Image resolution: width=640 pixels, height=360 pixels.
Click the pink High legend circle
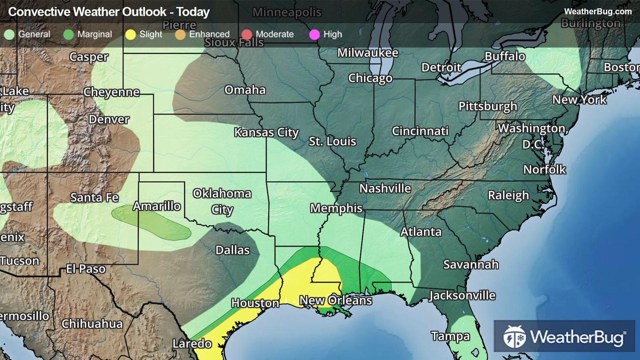click(x=314, y=35)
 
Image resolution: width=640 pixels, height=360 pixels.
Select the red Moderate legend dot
click(x=247, y=35)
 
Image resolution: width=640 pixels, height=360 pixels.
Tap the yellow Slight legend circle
click(x=131, y=35)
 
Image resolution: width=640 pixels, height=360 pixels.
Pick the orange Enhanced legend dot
click(x=180, y=35)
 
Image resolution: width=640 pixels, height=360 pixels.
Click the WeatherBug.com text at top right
click(x=597, y=12)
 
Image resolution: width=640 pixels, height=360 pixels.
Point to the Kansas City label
click(x=266, y=132)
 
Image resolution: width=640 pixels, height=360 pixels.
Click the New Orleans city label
click(x=335, y=300)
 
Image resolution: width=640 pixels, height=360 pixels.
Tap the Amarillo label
click(x=157, y=206)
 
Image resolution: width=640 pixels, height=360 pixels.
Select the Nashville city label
click(x=385, y=188)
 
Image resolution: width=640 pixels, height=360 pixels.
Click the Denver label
click(x=109, y=119)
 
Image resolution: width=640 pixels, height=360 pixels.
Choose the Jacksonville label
click(x=462, y=295)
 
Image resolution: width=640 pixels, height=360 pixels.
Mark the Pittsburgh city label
click(x=488, y=106)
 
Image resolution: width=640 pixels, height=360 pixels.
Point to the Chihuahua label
click(x=92, y=324)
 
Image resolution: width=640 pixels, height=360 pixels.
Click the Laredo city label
click(x=192, y=343)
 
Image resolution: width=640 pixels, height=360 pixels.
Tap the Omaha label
click(x=245, y=90)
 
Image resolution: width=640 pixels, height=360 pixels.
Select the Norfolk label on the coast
click(x=544, y=170)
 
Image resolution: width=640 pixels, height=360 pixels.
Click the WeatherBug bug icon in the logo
click(x=514, y=337)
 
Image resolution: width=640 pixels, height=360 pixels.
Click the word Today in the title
click(x=193, y=12)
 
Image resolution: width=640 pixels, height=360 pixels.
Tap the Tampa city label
click(x=450, y=336)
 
